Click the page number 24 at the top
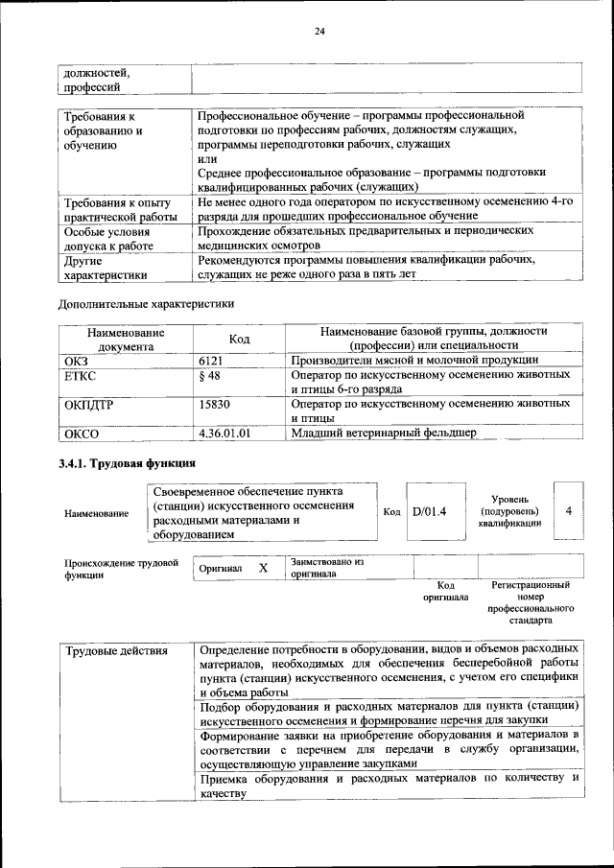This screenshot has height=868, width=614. pos(320,31)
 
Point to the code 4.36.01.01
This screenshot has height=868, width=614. pos(224,434)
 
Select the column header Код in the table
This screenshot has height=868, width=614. pos(240,339)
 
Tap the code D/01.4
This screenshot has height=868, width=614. pos(430,510)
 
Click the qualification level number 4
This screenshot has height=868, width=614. pos(569,510)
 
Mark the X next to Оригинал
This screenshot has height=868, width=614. pos(263,568)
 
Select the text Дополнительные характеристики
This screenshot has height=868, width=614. pos(146,304)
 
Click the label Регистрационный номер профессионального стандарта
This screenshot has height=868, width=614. pos(531,602)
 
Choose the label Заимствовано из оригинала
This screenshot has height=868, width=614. pos(327,568)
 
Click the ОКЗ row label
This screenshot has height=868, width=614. pos(76,360)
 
